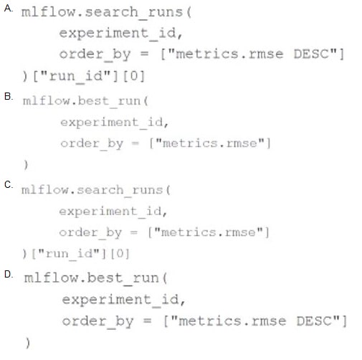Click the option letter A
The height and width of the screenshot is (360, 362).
click(8, 9)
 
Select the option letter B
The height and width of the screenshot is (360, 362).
click(8, 96)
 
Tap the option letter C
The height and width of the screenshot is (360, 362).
click(8, 185)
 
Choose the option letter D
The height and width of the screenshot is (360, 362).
click(8, 274)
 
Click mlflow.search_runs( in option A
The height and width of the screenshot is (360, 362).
click(106, 12)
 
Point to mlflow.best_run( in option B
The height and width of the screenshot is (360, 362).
click(85, 101)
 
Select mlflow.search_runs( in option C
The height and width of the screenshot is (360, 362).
click(96, 190)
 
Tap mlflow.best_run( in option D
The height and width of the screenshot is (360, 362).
click(95, 278)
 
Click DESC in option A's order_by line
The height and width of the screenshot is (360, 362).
click(311, 54)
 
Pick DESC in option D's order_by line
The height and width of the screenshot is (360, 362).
click(314, 321)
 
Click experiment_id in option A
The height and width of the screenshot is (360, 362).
click(118, 33)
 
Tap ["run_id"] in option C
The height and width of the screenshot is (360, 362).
click(69, 254)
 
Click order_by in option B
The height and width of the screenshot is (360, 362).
click(92, 144)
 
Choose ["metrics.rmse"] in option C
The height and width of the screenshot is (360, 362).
click(209, 232)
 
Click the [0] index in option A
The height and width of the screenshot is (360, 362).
click(134, 76)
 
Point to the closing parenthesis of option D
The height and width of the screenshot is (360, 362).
click(28, 343)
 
